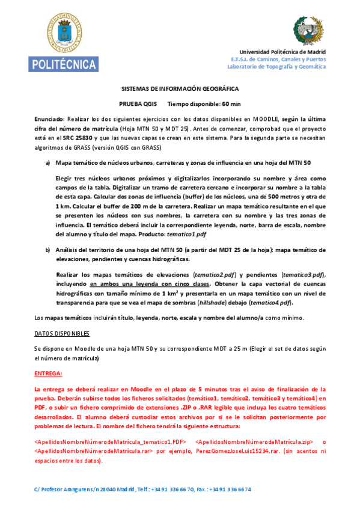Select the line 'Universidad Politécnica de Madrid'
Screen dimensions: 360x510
point(282,52)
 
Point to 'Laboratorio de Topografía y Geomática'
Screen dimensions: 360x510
point(281,66)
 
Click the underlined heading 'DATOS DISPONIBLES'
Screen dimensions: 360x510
point(62,333)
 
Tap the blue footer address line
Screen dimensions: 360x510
point(143,489)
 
